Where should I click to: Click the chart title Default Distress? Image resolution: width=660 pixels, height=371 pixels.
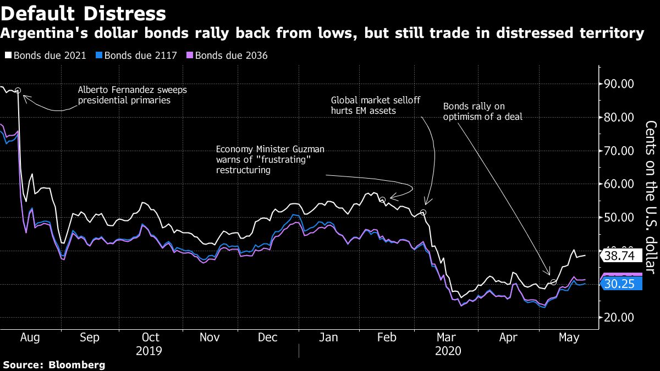(x=83, y=13)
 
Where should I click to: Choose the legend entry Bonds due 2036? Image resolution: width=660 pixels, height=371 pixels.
(x=231, y=56)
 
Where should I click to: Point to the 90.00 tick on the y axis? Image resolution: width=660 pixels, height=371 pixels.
(x=619, y=84)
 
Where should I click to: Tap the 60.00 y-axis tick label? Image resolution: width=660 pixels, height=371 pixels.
(x=619, y=184)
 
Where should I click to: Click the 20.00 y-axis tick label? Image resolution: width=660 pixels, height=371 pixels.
(x=619, y=318)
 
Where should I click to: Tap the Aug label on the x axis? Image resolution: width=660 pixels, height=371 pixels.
(x=30, y=337)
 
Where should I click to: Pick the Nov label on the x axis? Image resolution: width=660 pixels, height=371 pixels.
(x=210, y=337)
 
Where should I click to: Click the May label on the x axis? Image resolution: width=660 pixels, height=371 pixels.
(x=569, y=337)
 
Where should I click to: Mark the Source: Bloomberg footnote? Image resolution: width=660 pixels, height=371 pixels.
(x=54, y=364)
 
